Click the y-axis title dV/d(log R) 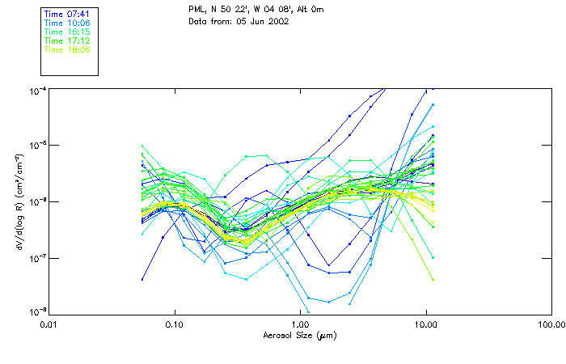(19, 200)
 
